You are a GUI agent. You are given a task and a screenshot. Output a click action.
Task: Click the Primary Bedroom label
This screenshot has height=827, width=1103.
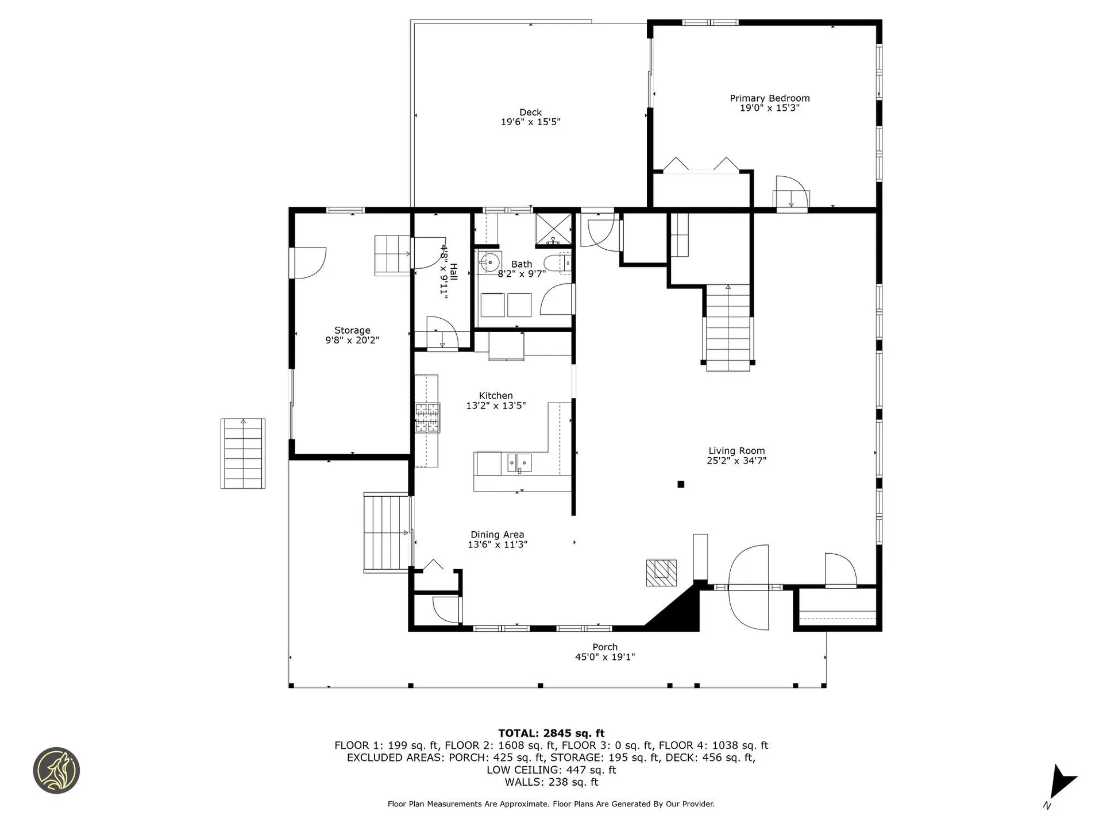coord(769,98)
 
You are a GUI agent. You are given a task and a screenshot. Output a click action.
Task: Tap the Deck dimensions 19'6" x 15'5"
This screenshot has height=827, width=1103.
coord(530,122)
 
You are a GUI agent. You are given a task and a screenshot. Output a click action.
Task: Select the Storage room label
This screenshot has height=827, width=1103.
coord(352,330)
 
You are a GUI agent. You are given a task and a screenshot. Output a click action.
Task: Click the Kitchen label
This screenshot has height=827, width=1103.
coord(496,396)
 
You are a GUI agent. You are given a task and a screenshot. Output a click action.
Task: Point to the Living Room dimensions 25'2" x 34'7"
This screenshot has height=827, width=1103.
coord(736,461)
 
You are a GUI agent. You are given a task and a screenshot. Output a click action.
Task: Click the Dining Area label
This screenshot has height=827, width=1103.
coord(497,535)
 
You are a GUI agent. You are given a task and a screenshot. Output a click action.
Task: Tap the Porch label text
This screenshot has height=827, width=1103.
coord(605,647)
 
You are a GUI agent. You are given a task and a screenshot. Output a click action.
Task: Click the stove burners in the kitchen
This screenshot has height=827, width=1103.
coord(427,418)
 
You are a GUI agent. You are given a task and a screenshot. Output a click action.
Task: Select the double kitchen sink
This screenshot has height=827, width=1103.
coord(519,462)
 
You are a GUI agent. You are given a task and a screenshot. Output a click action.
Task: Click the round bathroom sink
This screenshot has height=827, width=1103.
coord(489,261)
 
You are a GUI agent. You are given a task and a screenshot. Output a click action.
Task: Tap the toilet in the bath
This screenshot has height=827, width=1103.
coord(556,263)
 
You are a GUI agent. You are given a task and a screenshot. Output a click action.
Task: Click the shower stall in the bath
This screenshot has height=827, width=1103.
coord(553,229)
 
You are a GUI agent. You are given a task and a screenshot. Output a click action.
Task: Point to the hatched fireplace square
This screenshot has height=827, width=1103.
coord(661,573)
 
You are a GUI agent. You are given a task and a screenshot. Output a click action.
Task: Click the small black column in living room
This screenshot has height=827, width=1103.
coord(681,484)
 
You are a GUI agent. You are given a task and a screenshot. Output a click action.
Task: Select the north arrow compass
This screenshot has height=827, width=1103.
coord(1060,784)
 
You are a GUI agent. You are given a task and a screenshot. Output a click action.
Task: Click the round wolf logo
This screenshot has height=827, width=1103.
coord(56,771)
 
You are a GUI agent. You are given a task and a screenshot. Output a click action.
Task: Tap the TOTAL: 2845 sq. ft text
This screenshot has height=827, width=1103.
coord(551,733)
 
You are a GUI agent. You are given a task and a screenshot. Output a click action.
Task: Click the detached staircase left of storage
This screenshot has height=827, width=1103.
coord(243,454)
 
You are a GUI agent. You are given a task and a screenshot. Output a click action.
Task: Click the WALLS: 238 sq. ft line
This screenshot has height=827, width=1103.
coord(551,782)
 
